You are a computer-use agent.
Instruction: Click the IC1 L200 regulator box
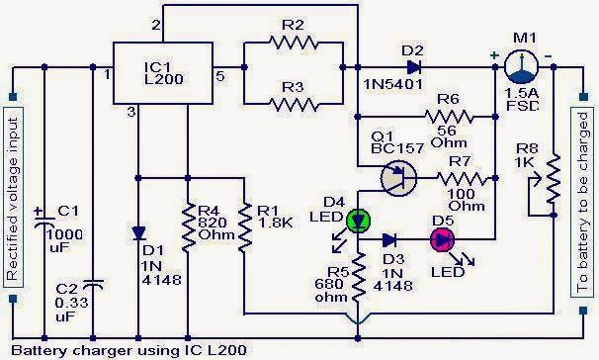pyautogui.click(x=160, y=72)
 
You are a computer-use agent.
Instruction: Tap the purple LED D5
pyautogui.click(x=440, y=238)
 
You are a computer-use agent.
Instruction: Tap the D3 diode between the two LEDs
pyautogui.click(x=391, y=238)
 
